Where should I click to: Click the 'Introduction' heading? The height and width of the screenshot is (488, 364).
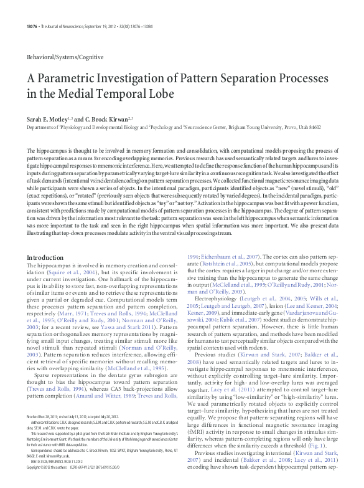tap(45, 257)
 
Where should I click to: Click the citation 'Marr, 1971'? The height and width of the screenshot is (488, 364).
tap(75, 297)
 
